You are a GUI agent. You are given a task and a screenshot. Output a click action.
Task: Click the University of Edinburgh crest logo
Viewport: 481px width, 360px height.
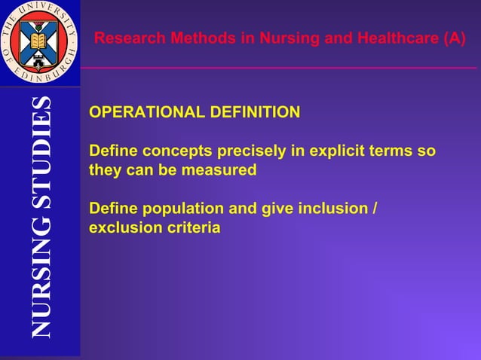pos(39,42)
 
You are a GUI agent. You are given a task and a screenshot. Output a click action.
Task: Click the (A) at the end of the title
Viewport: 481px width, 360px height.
pos(455,38)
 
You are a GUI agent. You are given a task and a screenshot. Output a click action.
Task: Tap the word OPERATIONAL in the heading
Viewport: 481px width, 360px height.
pos(141,112)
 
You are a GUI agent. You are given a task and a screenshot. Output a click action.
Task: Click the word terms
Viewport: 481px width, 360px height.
pos(384,151)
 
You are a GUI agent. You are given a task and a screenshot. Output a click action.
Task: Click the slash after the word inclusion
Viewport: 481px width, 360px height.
pos(375,209)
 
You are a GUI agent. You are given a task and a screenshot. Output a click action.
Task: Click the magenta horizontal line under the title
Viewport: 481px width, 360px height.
pos(279,68)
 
